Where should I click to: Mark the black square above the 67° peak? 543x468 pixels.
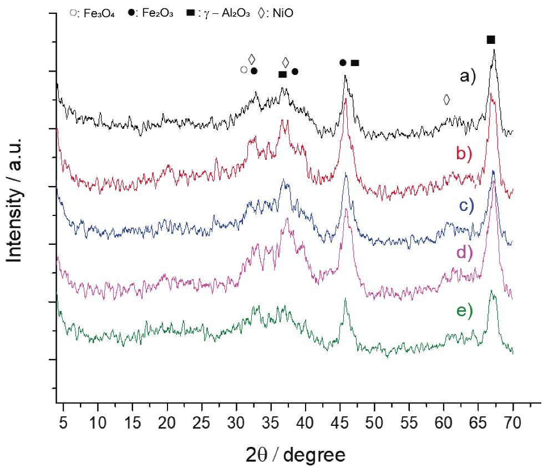tap(490, 39)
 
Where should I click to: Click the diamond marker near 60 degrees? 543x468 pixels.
tap(446, 99)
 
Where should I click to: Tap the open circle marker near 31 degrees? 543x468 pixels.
tap(243, 70)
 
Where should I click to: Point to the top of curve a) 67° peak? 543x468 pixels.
tap(493, 50)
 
